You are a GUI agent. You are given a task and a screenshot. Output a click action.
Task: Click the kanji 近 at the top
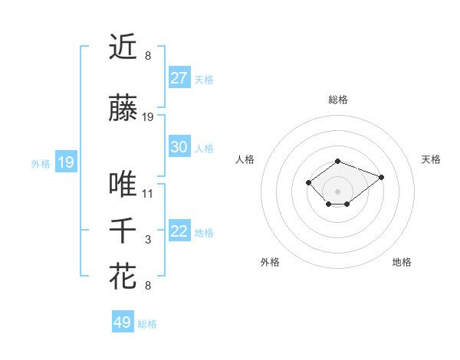123,47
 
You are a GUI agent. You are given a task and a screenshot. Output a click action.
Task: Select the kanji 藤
123,108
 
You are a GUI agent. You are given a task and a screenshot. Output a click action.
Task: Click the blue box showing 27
179,78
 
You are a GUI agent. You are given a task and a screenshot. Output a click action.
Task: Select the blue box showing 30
179,147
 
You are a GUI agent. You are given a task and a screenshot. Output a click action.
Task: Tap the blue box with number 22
179,231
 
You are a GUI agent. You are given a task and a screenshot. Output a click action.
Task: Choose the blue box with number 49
123,322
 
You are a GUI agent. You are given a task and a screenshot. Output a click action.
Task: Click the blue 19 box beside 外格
65,162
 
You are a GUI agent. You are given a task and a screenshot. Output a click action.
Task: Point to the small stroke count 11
148,194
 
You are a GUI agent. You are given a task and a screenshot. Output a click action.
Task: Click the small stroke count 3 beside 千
148,241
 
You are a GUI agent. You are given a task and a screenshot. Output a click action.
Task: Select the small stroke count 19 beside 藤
148,117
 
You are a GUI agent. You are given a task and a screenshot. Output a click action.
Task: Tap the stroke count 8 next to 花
148,286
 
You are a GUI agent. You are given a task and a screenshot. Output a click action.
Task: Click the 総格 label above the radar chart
338,100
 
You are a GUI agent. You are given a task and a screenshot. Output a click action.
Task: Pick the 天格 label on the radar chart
431,159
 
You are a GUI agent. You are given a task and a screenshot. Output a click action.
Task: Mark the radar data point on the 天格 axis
381,177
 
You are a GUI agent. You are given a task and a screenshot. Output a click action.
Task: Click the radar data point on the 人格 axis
308,182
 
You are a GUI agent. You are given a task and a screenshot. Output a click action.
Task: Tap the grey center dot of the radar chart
338,191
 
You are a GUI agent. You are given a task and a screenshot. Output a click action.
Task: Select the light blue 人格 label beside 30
204,148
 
